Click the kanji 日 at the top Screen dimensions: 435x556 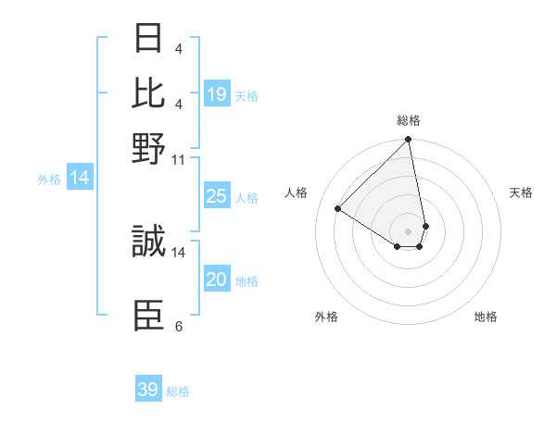pyautogui.click(x=148, y=40)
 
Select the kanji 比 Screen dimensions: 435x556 pyautogui.click(x=148, y=93)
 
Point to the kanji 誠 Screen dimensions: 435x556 pyautogui.click(x=148, y=242)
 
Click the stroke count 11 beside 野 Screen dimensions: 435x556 pyautogui.click(x=179, y=159)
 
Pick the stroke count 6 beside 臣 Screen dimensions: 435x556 pyautogui.click(x=179, y=326)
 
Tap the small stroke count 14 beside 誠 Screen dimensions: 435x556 pyautogui.click(x=179, y=251)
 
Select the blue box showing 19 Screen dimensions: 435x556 pyautogui.click(x=217, y=93)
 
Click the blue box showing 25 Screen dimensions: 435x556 pyautogui.click(x=217, y=196)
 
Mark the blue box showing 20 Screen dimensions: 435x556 pyautogui.click(x=217, y=280)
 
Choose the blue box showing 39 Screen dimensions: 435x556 pyautogui.click(x=148, y=390)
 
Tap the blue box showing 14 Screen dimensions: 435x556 pyautogui.click(x=80, y=179)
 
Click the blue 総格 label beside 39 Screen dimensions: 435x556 pyautogui.click(x=178, y=391)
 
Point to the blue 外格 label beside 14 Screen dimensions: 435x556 pyautogui.click(x=49, y=180)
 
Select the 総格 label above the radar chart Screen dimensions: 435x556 pyautogui.click(x=409, y=120)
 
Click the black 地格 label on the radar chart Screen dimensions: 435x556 pyautogui.click(x=486, y=317)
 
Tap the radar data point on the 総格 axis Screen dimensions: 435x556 pyautogui.click(x=409, y=141)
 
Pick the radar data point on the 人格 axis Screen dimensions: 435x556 pyautogui.click(x=338, y=208)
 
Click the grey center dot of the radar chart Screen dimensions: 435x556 pyautogui.click(x=409, y=230)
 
